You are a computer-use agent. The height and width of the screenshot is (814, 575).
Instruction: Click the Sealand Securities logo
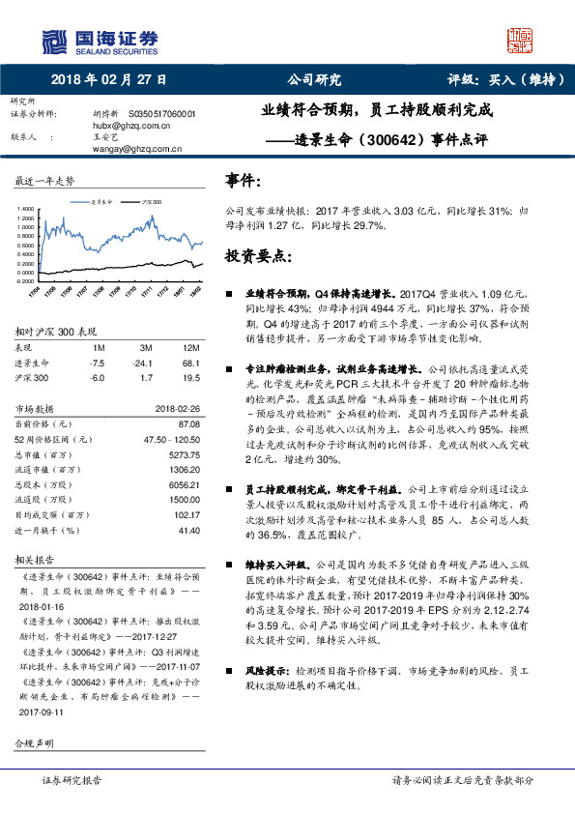click(97, 41)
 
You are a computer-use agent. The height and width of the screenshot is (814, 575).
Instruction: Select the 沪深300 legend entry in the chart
click(146, 201)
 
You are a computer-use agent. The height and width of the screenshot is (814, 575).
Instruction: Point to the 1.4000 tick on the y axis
click(25, 208)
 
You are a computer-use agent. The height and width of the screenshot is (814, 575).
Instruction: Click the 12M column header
click(190, 347)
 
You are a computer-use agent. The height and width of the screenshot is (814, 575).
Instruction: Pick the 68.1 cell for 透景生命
click(189, 363)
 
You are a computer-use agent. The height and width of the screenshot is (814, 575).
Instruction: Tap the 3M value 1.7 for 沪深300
click(146, 379)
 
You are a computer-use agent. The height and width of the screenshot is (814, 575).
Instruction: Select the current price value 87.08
click(188, 423)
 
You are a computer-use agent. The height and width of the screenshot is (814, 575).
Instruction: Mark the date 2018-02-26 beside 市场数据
click(176, 409)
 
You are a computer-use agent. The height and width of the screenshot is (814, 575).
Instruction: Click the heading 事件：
click(243, 181)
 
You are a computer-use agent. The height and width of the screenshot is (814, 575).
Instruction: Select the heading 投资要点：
click(257, 256)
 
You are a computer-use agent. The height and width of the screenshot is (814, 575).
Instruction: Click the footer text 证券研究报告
click(72, 779)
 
